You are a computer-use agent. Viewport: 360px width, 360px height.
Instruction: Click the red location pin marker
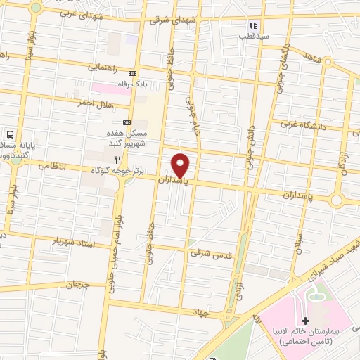[x=181, y=165]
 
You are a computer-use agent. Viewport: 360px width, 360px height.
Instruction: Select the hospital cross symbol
[x=305, y=321]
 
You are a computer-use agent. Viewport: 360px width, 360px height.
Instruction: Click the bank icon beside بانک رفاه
[x=131, y=73]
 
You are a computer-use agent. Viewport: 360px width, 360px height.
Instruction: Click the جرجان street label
[x=79, y=285]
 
